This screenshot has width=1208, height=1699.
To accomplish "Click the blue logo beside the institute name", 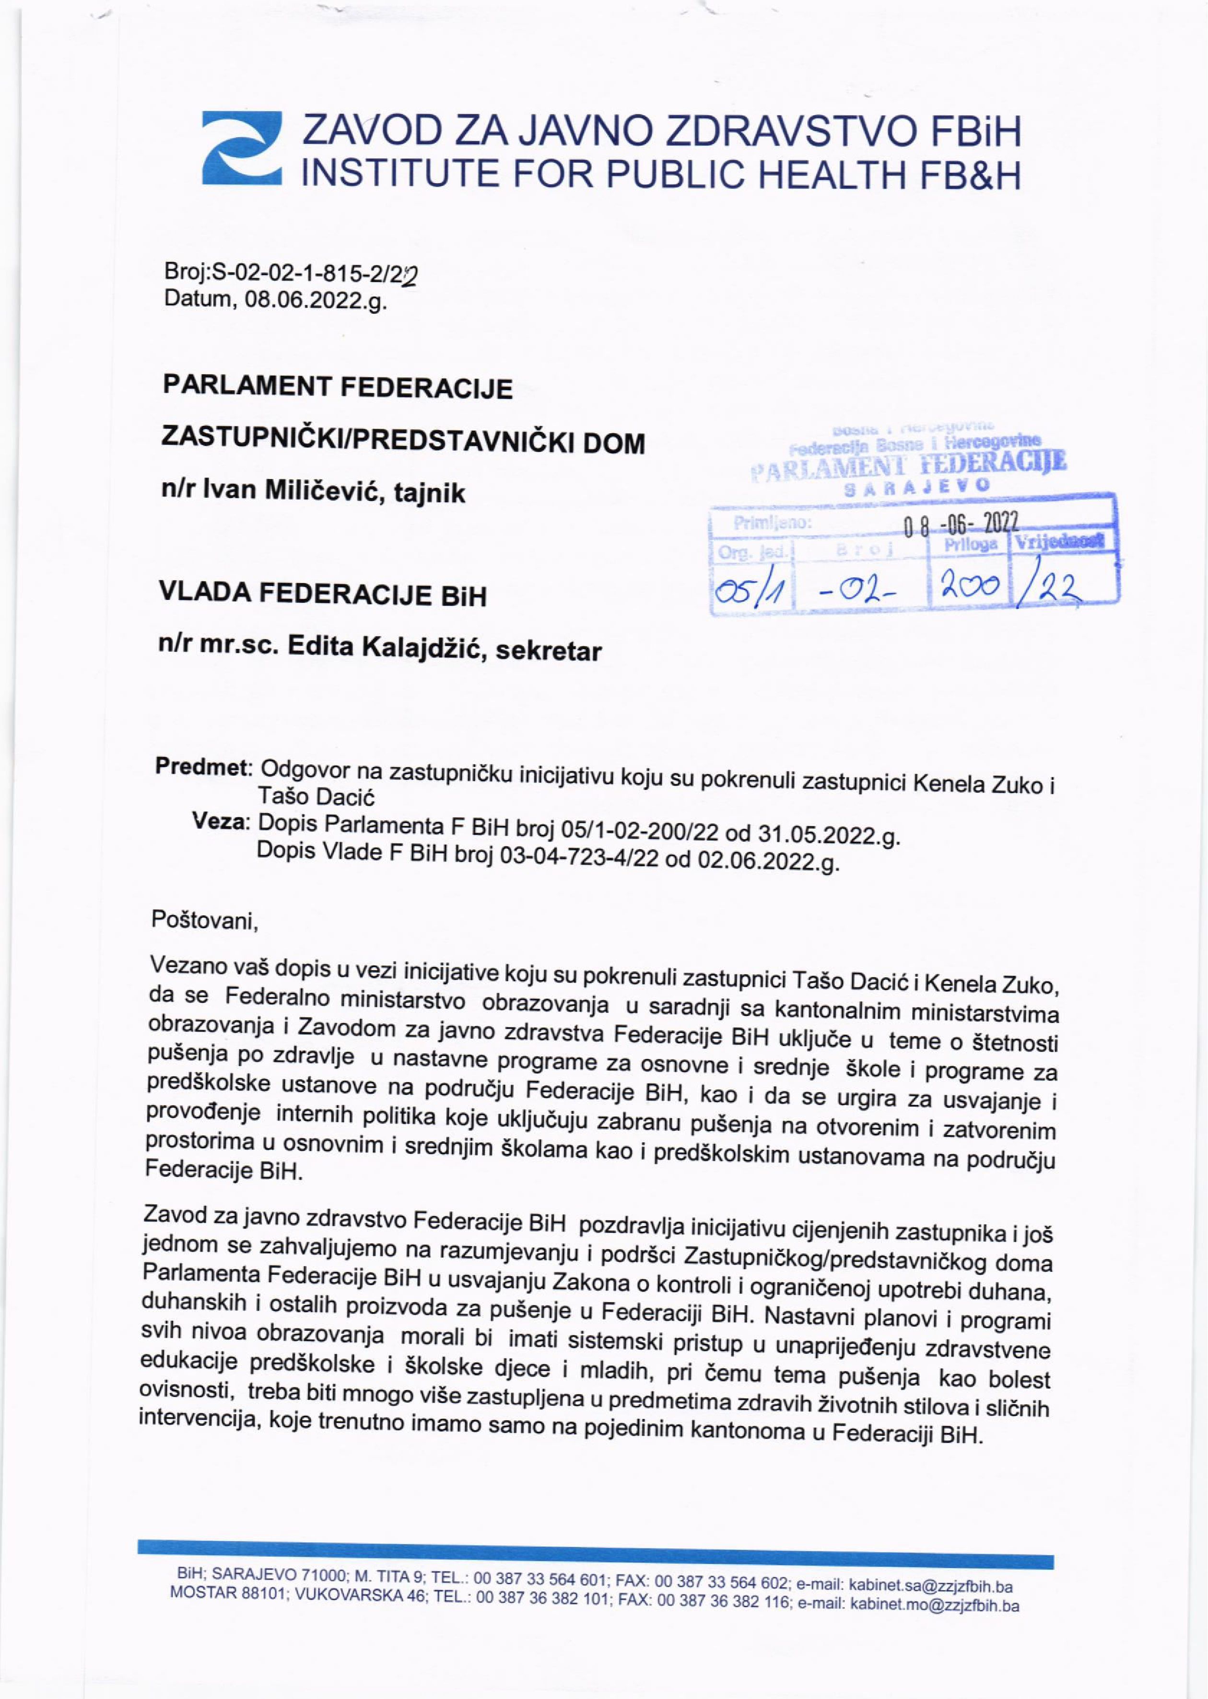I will (242, 148).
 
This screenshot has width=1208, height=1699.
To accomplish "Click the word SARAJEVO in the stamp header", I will (918, 485).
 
